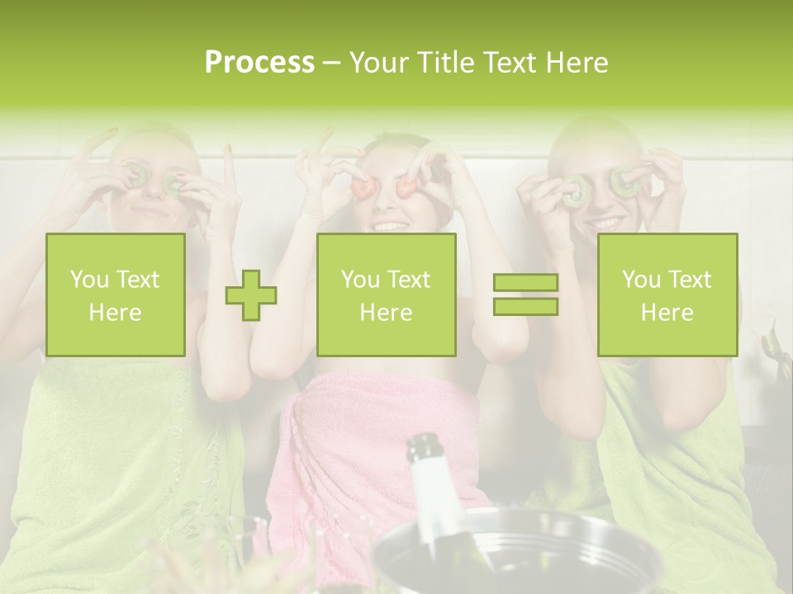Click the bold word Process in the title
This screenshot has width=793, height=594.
click(x=259, y=63)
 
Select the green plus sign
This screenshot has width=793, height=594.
click(x=251, y=295)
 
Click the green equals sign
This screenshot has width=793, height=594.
click(x=525, y=295)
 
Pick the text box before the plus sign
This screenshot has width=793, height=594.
click(x=116, y=295)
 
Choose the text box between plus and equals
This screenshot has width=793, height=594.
click(x=386, y=295)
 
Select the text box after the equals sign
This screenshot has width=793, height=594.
click(x=667, y=295)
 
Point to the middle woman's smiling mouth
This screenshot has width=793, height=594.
click(x=390, y=224)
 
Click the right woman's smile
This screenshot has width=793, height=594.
click(x=607, y=224)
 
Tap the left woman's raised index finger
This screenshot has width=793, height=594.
click(x=230, y=165)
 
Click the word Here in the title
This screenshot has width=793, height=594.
click(x=577, y=63)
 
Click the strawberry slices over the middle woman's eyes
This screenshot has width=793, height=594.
click(x=385, y=186)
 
